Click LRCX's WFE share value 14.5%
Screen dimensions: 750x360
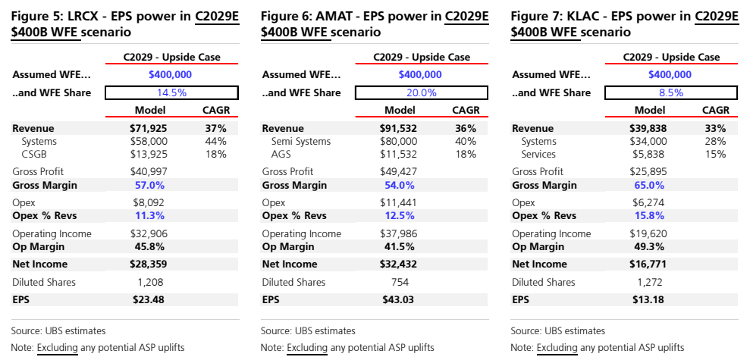[171, 92]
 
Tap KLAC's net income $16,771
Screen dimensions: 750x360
[648, 264]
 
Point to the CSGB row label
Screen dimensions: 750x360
[35, 155]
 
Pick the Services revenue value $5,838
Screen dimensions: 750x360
[648, 155]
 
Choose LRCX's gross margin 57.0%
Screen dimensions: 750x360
[149, 185]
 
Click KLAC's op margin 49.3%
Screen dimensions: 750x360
[648, 246]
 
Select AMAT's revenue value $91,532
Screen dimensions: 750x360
[399, 128]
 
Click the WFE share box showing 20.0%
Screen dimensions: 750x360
[422, 92]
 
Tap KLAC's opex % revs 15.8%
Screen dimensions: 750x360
[648, 215]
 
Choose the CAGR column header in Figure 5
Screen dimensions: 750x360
[216, 110]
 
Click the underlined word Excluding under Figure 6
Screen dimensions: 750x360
[308, 348]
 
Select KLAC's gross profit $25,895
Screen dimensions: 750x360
[648, 171]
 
